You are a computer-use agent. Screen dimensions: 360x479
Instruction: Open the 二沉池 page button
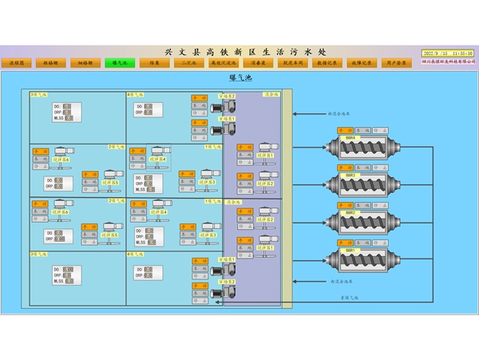click(188, 62)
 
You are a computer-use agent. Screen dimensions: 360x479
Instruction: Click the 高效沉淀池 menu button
click(223, 62)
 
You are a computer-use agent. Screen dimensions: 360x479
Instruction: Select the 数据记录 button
click(327, 62)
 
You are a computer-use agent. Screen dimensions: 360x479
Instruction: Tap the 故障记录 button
click(361, 62)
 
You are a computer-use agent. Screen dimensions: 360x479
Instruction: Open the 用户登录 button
click(395, 62)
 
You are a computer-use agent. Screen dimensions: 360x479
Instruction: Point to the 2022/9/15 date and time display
click(447, 53)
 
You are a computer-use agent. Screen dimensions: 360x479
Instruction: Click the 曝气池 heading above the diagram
click(240, 78)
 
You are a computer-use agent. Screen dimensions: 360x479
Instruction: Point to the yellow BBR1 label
click(350, 250)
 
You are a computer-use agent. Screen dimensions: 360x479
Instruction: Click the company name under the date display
click(447, 61)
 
